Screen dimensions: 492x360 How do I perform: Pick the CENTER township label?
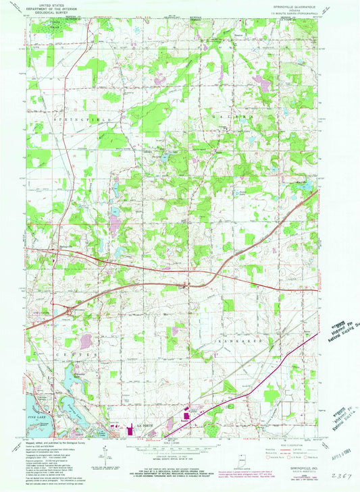pyautogui.click(x=60, y=353)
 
